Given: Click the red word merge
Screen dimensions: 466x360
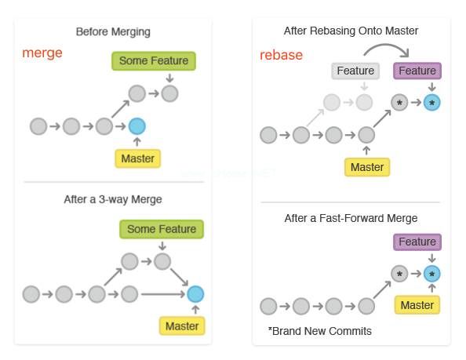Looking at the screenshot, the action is (x=42, y=53).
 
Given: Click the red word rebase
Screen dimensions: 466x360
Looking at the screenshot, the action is (x=281, y=55).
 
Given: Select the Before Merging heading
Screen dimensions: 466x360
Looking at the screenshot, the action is (x=113, y=32).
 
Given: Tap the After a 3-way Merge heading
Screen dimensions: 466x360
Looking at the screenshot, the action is (x=113, y=199).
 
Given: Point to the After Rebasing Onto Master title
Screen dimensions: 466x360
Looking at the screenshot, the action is (x=351, y=31).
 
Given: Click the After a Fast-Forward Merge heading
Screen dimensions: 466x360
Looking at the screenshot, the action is (x=351, y=218).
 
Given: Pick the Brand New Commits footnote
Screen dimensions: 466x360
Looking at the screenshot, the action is (x=320, y=331).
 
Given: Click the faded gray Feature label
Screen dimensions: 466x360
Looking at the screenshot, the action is (x=355, y=71).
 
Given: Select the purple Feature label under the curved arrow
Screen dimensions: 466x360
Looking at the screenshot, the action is (x=417, y=71).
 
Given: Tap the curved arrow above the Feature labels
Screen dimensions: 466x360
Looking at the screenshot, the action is (x=386, y=45).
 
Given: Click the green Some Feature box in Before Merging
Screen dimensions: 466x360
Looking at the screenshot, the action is (x=154, y=61).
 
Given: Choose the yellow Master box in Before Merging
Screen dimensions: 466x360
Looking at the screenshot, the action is (x=137, y=158).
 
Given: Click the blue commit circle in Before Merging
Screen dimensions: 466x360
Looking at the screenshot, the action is (x=137, y=126).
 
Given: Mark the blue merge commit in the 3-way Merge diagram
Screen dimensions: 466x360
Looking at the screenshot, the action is (x=195, y=294).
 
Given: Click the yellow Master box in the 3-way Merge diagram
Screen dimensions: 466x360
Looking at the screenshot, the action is (x=182, y=326).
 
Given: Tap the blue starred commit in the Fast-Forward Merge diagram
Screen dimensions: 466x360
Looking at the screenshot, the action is (x=431, y=274).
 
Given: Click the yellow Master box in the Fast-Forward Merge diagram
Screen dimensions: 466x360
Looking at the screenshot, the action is (x=417, y=305).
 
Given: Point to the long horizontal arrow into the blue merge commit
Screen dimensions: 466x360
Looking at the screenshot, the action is (x=163, y=294).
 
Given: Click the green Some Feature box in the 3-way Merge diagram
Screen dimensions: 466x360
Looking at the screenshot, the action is (x=162, y=229).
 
